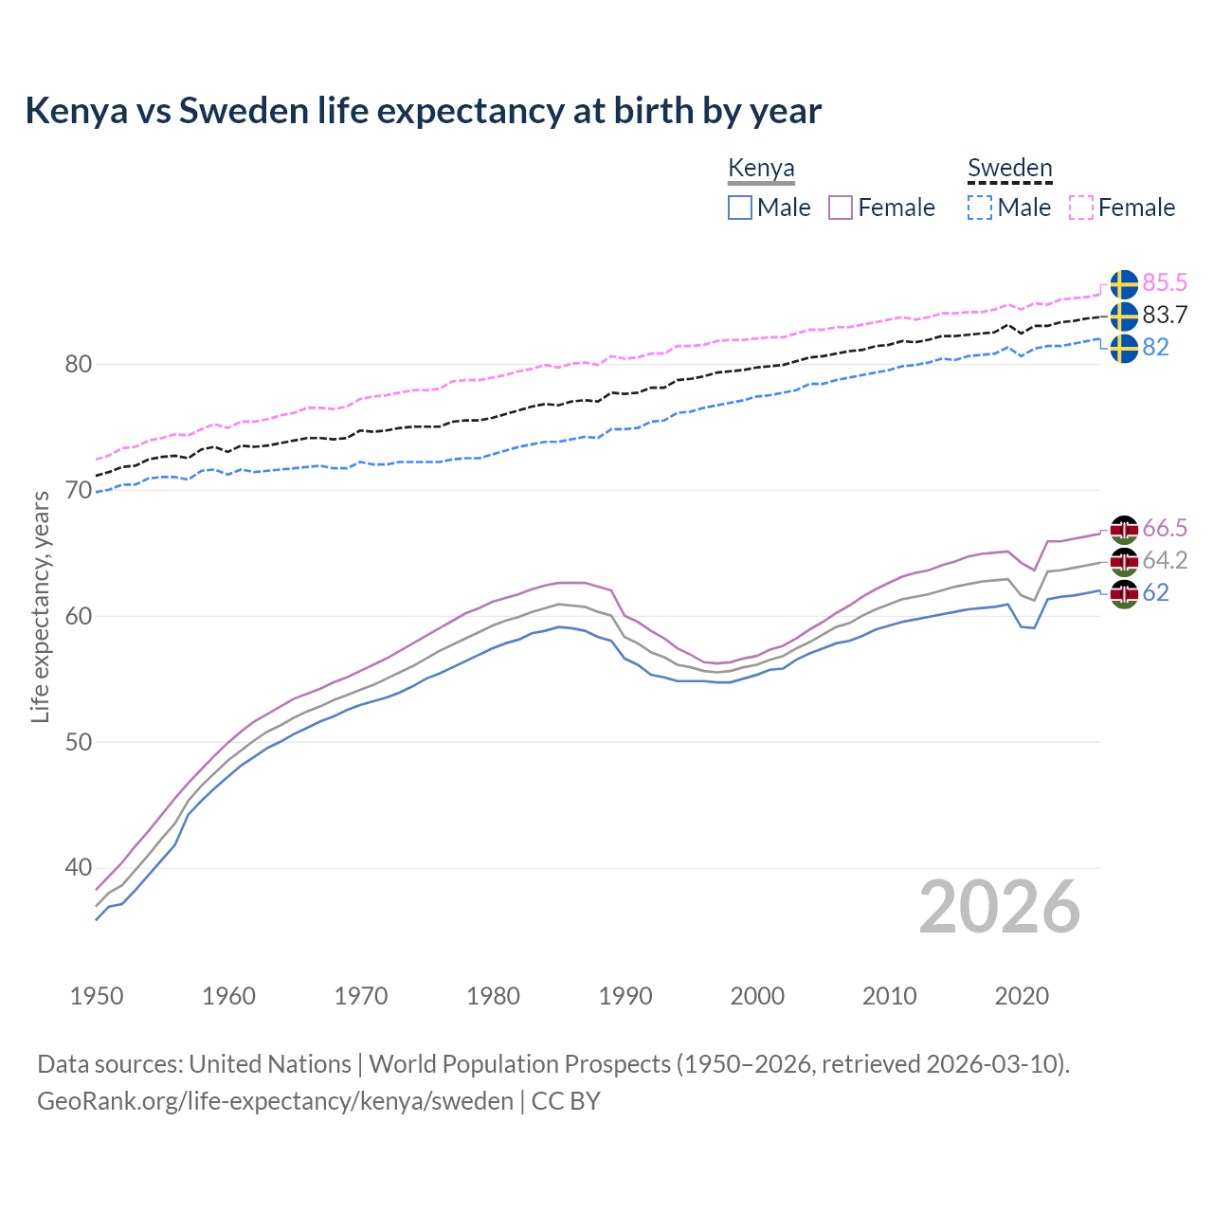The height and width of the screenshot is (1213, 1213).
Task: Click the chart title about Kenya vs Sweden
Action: (x=423, y=111)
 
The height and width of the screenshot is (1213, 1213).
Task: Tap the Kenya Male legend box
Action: (x=740, y=208)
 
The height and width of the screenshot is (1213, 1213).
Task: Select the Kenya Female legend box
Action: (x=841, y=208)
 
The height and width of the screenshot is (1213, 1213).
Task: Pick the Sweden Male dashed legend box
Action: (x=980, y=208)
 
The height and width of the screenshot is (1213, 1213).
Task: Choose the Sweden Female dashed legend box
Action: (x=1081, y=208)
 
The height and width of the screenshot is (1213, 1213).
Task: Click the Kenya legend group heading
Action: (x=761, y=168)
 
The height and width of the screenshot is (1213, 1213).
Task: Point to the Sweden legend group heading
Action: (x=1009, y=168)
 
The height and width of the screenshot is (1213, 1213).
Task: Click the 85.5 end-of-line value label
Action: (x=1165, y=283)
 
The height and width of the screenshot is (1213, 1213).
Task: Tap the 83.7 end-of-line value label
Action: (x=1165, y=316)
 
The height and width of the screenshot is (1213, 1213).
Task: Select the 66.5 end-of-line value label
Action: (x=1165, y=528)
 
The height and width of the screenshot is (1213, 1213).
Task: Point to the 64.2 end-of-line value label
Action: (x=1165, y=560)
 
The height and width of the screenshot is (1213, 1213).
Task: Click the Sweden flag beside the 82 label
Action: (x=1124, y=348)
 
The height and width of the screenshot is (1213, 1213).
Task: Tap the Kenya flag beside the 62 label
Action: (x=1124, y=594)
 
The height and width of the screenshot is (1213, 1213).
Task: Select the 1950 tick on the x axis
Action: (x=97, y=996)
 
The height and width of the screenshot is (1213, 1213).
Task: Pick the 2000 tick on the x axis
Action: (x=757, y=996)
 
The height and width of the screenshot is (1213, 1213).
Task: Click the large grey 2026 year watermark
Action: (x=999, y=907)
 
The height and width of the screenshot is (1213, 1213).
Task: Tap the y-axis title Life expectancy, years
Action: (x=40, y=606)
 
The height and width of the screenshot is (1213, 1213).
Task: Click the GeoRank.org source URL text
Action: (x=275, y=1100)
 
